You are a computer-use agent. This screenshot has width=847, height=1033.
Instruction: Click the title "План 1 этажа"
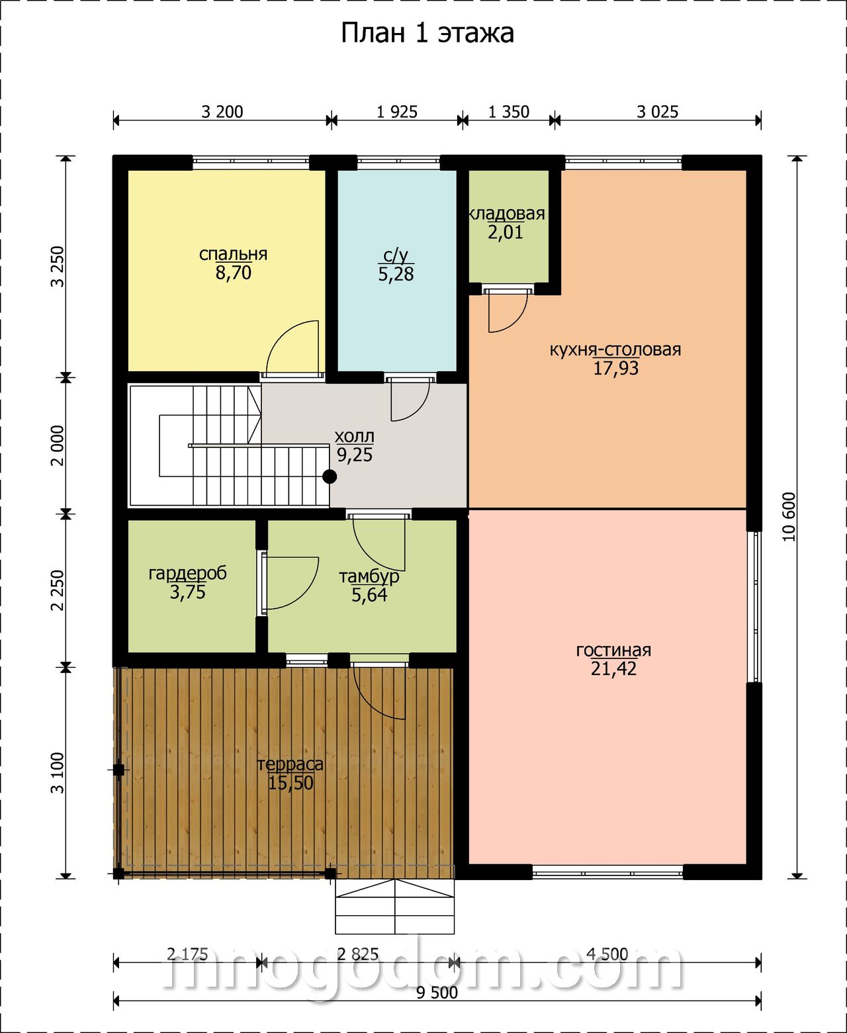(427, 34)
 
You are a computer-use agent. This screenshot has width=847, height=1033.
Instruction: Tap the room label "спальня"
(233, 255)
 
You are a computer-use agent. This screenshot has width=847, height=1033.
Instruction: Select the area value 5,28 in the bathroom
(396, 274)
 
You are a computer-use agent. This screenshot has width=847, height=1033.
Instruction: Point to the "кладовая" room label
(507, 214)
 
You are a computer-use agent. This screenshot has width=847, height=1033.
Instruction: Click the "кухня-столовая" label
(615, 349)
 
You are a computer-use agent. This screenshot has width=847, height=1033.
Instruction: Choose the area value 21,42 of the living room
(613, 669)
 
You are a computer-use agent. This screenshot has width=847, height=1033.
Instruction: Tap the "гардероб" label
(188, 574)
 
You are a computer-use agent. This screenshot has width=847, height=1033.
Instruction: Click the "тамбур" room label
(369, 576)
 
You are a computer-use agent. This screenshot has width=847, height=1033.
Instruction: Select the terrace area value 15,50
(290, 783)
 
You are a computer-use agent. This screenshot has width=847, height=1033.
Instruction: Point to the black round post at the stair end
(330, 476)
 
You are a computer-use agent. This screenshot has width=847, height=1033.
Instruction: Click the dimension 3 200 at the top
(222, 112)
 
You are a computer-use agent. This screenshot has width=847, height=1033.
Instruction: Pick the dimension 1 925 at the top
(397, 112)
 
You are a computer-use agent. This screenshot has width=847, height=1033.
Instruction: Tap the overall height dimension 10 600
(789, 517)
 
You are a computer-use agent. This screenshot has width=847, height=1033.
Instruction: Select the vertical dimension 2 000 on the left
(58, 446)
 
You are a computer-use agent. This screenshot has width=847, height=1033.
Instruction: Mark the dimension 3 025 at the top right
(657, 112)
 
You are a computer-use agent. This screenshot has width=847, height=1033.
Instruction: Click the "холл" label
(354, 437)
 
